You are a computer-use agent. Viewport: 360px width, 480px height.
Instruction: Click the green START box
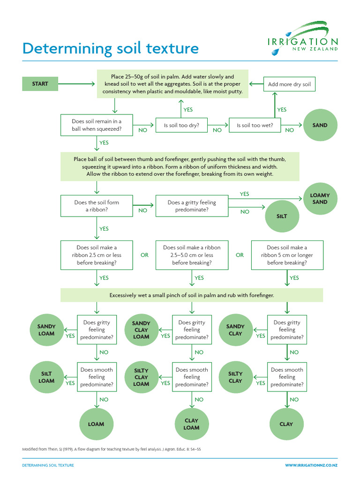tap(40, 84)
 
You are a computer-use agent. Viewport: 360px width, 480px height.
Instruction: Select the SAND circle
tap(320, 126)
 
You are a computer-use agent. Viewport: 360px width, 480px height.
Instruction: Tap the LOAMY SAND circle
tap(320, 199)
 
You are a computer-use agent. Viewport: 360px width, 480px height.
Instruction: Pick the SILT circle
tap(282, 217)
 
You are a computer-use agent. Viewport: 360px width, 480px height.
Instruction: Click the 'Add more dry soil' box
tap(289, 84)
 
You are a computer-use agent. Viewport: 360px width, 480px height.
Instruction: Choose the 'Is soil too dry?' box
tap(181, 125)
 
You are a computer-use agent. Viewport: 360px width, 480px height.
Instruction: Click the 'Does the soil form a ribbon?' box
tap(97, 206)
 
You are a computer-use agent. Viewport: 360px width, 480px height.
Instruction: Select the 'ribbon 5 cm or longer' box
tap(287, 255)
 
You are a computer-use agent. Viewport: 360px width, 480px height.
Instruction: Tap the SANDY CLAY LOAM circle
tap(141, 330)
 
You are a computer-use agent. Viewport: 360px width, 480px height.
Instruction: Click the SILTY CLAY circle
tap(235, 377)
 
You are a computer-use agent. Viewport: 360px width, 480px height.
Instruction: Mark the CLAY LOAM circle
tap(191, 424)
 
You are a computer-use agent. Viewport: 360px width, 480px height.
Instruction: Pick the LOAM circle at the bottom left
tap(96, 424)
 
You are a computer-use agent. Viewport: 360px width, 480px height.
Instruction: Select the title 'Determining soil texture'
tap(111, 48)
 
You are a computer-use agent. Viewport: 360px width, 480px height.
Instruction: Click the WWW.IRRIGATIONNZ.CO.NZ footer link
tap(311, 465)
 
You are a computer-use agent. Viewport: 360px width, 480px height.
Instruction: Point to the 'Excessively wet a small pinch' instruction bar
tap(192, 295)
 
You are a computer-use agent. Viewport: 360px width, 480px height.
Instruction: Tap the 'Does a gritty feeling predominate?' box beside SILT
tap(192, 206)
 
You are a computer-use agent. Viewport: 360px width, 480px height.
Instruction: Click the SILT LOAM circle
tap(46, 377)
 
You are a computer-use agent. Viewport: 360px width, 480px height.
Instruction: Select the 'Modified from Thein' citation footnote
tap(112, 449)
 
